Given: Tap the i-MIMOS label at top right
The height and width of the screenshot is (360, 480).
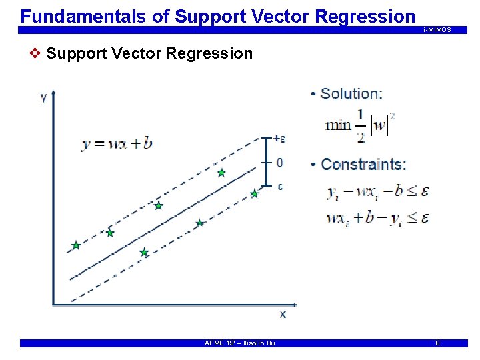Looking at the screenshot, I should [437, 30].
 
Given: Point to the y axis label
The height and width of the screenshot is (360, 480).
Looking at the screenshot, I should [44, 97].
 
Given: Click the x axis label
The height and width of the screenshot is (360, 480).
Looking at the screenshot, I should [283, 313].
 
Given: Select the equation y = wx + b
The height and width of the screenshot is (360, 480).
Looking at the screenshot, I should [117, 143].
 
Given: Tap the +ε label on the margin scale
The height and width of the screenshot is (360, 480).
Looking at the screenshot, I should [279, 139].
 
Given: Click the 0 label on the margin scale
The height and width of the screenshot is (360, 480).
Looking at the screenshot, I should [279, 163].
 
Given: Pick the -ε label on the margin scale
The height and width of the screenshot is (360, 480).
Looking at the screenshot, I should [279, 187].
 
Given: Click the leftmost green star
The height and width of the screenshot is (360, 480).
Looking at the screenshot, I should [76, 246].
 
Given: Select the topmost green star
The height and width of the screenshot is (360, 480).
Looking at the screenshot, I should [221, 173].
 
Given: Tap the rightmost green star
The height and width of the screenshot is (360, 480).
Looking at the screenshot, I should [254, 194].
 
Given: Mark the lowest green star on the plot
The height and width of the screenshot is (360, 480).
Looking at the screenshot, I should [144, 253].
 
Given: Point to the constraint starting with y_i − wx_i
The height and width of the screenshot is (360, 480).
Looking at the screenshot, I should [378, 192].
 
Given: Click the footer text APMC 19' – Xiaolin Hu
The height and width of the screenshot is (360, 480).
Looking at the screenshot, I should [239, 343].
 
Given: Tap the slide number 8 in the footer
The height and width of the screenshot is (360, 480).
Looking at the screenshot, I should [437, 343].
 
